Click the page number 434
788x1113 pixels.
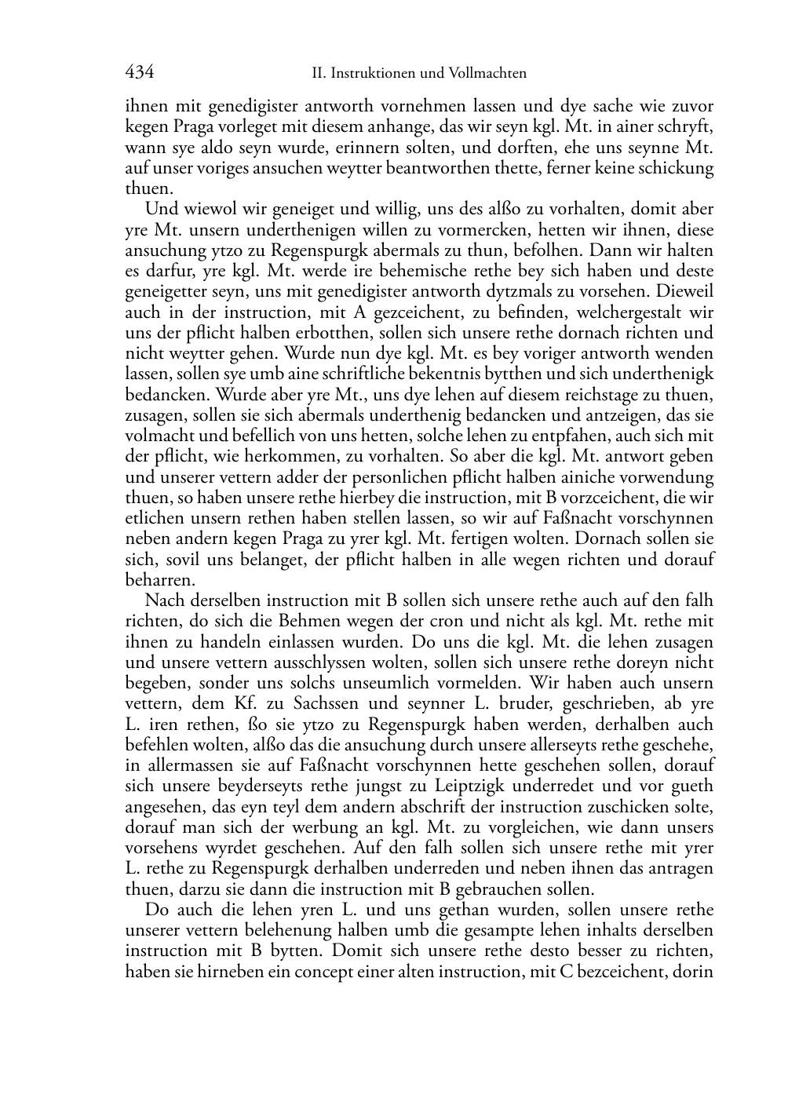[x=139, y=73]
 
